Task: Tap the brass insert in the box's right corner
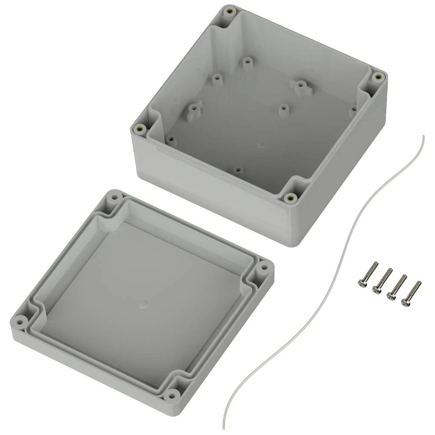(378, 77)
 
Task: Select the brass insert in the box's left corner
(140, 129)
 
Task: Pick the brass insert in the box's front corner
(290, 198)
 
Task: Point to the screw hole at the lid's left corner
(20, 322)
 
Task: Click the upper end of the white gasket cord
(423, 136)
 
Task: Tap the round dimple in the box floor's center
(261, 143)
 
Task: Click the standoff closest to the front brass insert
(238, 170)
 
